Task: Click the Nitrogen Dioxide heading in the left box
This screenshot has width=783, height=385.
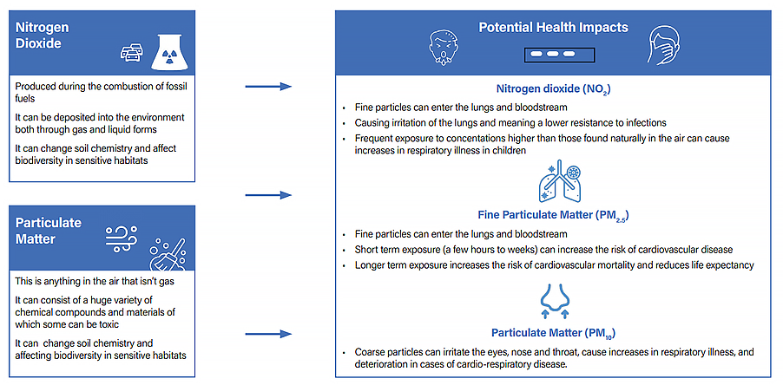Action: tap(43, 36)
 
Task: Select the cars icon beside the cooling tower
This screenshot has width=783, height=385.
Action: tap(131, 53)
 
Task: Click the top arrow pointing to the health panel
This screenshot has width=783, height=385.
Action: tap(267, 87)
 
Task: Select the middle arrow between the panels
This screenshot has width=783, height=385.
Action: tap(267, 195)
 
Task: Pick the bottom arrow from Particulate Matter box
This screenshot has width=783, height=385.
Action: tap(267, 333)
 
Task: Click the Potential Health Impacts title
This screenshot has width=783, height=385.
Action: tap(553, 28)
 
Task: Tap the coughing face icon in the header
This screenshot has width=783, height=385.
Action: tap(443, 45)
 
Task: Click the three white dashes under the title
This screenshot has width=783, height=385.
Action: tap(553, 54)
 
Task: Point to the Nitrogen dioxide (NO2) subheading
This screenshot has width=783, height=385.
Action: tap(553, 88)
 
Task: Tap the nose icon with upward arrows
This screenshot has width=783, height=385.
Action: tap(553, 303)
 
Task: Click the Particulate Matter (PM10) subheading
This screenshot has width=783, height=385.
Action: tap(553, 333)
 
